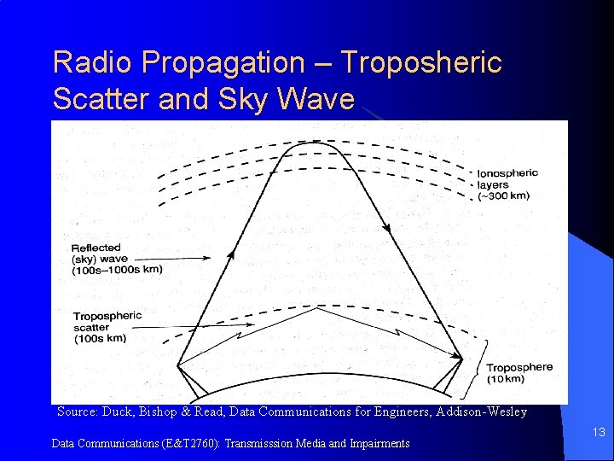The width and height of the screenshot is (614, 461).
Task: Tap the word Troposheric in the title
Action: [421, 62]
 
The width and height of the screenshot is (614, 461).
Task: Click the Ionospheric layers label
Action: [507, 178]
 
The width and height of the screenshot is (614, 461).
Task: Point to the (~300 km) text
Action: [503, 195]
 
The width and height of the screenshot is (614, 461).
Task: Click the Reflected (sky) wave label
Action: [107, 254]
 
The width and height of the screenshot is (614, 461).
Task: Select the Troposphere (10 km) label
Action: [518, 372]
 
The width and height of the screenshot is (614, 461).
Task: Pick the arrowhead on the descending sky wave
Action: [387, 228]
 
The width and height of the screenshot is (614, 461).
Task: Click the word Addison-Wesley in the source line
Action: [483, 411]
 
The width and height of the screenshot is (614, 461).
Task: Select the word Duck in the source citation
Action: [118, 411]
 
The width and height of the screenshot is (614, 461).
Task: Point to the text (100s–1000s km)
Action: [118, 270]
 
